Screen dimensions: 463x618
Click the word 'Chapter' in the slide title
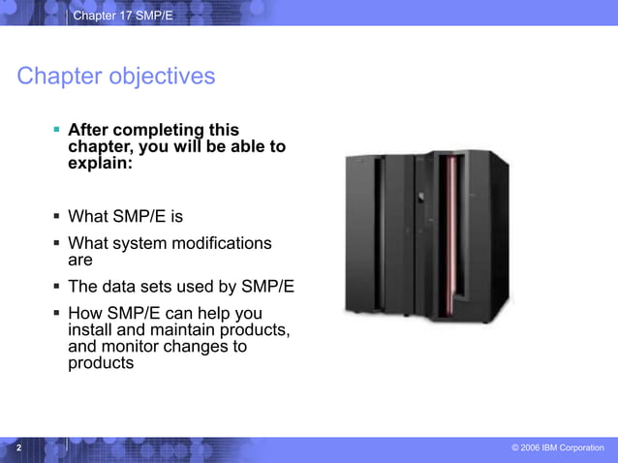coord(54,76)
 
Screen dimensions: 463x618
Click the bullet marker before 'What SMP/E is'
coord(57,216)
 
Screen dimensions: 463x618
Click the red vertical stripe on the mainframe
coord(449,236)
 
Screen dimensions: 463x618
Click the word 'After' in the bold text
coord(90,130)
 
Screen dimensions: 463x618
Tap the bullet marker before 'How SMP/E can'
coord(57,313)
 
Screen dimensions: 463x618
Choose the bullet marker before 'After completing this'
coord(57,128)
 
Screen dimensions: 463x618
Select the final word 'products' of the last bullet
coord(101,363)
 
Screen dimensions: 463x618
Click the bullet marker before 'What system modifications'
coord(57,243)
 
